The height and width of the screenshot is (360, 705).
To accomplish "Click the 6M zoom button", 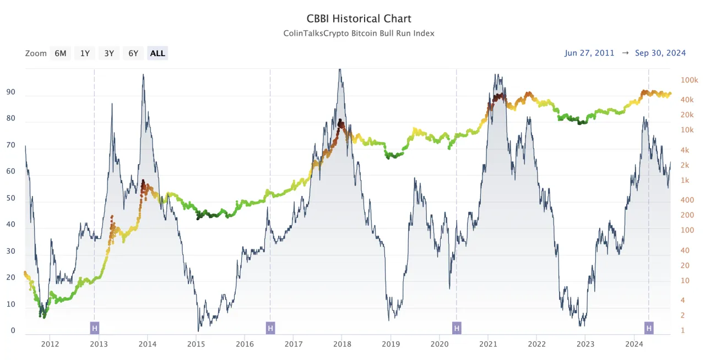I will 61,53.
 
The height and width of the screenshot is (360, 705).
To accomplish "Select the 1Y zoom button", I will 85,53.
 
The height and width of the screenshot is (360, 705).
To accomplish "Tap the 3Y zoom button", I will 109,53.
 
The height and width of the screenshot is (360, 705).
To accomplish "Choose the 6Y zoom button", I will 133,53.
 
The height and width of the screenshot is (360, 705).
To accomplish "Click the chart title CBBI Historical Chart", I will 359,19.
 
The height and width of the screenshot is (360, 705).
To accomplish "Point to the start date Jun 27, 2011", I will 589,53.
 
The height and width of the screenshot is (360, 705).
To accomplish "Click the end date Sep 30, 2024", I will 660,53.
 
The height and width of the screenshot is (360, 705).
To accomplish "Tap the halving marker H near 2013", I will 95,328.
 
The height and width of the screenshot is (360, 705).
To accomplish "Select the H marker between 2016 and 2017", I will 270,328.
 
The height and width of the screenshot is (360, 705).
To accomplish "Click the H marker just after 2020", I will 457,328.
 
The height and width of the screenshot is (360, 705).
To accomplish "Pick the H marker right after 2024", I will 649,328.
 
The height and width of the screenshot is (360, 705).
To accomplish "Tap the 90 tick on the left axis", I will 10,93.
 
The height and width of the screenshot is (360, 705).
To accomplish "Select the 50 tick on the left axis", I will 10,199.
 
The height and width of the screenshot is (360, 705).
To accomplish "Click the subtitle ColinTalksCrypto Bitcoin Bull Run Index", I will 359,33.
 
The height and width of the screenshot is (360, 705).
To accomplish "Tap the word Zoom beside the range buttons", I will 36,53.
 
